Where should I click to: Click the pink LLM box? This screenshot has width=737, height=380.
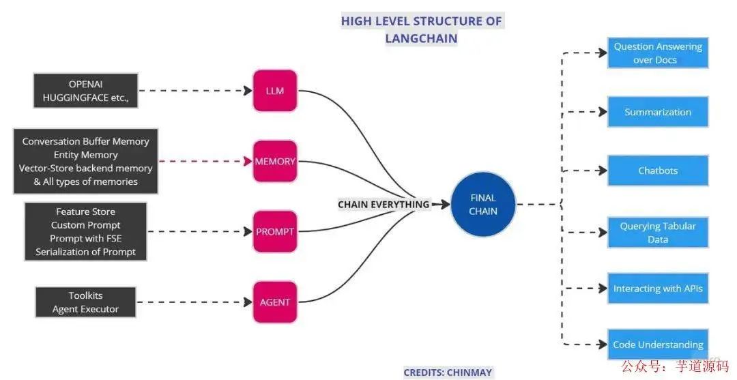[x=275, y=90]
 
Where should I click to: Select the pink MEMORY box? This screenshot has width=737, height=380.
[x=275, y=162]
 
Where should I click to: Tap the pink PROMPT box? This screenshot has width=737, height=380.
[x=275, y=231]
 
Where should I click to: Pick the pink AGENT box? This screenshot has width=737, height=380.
[x=275, y=302]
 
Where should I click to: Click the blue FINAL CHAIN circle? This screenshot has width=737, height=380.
[x=483, y=204]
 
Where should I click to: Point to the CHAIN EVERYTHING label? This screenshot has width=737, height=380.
[x=384, y=204]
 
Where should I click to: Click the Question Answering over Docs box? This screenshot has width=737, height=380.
[x=658, y=53]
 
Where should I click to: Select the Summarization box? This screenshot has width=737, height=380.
[x=658, y=112]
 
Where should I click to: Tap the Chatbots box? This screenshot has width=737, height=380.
[x=658, y=171]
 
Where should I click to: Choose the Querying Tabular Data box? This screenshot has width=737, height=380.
[x=658, y=233]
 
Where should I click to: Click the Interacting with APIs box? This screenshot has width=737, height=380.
[x=658, y=289]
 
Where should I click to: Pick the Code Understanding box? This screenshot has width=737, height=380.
[x=658, y=345]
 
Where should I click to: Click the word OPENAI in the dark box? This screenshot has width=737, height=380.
[x=85, y=84]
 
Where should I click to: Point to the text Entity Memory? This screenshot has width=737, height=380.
[x=85, y=155]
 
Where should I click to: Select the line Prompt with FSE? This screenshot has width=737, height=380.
[x=85, y=238]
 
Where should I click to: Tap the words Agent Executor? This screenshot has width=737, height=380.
[x=85, y=309]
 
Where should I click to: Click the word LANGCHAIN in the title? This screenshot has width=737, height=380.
[x=421, y=38]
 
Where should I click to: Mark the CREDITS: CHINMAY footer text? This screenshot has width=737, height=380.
[x=448, y=372]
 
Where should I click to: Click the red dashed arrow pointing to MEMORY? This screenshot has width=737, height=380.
[x=205, y=162]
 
